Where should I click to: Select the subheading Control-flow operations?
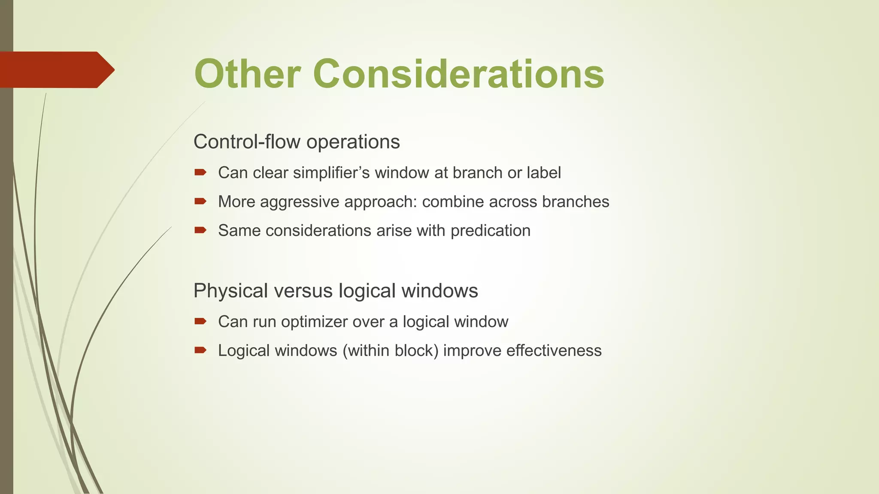(297, 142)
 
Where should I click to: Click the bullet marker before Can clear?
(200, 172)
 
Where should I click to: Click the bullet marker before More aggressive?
(200, 201)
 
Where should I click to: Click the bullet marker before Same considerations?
(200, 230)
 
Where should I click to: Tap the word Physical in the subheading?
(230, 291)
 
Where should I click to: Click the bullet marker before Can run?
(200, 321)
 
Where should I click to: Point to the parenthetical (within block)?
(390, 351)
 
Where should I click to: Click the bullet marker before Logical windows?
(200, 350)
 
